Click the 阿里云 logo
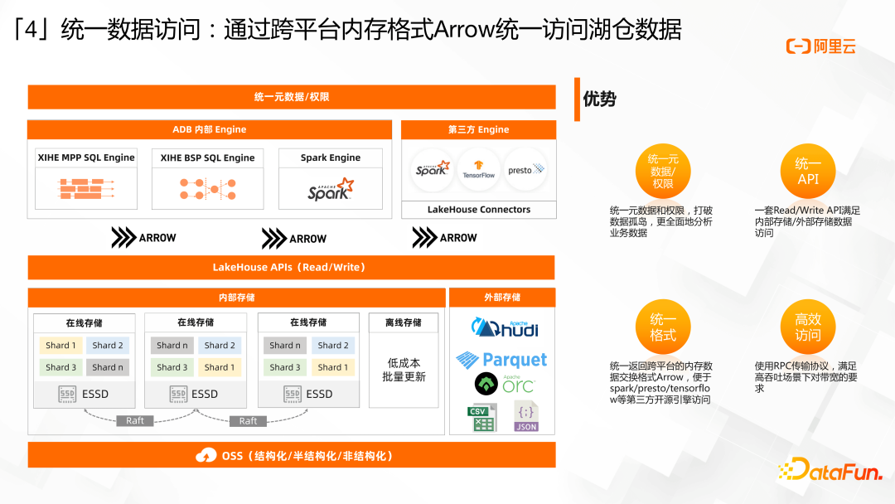pyautogui.click(x=821, y=47)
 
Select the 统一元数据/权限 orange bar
pyautogui.click(x=292, y=97)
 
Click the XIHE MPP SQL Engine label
pyautogui.click(x=86, y=157)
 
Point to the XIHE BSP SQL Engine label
pyautogui.click(x=207, y=157)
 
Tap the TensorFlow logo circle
pyautogui.click(x=478, y=169)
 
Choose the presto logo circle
pyautogui.click(x=525, y=170)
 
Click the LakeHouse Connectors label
pyautogui.click(x=479, y=210)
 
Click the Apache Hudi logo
pyautogui.click(x=505, y=328)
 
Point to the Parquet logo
pyautogui.click(x=501, y=360)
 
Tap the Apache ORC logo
pyautogui.click(x=504, y=384)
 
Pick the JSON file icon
pyautogui.click(x=526, y=417)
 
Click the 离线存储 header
pyautogui.click(x=404, y=322)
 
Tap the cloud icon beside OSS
pyautogui.click(x=206, y=455)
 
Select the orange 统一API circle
pyautogui.click(x=808, y=172)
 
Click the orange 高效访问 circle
pyautogui.click(x=808, y=327)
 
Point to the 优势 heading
pyautogui.click(x=600, y=99)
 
